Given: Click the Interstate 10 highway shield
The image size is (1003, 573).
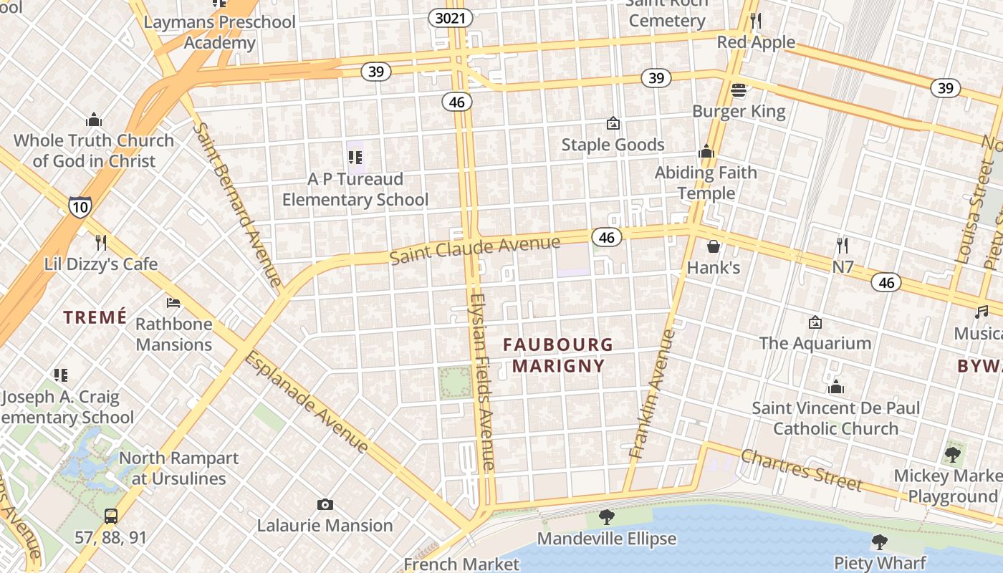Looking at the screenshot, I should coord(80,207).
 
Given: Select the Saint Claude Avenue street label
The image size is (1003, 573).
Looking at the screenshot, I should coord(474,250).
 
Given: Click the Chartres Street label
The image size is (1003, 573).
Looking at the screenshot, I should coord(802,469).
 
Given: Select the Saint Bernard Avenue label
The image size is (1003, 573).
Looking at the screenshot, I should coord(237,205).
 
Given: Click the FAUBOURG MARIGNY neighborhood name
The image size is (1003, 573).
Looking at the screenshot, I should coord(558,355).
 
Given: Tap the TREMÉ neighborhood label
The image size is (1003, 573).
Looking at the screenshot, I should coord(95,317).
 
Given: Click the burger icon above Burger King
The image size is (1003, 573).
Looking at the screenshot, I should coord(739,90).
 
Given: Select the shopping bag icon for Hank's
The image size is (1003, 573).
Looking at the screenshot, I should coord(714,246).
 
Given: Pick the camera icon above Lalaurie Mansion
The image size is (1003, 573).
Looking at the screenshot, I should coord(325,505).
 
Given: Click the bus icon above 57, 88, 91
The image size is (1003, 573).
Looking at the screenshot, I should coord(111,516).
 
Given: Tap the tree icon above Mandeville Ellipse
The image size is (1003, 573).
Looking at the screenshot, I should coord(606,517).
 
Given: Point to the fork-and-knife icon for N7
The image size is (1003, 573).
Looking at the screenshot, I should coord(843,246).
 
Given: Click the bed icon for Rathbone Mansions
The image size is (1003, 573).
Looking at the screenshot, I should coord(173,303).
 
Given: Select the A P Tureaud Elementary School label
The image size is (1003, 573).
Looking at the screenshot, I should coord(355,189).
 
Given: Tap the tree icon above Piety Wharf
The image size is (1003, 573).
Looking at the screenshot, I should coord(880,542).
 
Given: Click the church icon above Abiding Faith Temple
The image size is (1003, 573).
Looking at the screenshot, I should coord(706,152).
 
